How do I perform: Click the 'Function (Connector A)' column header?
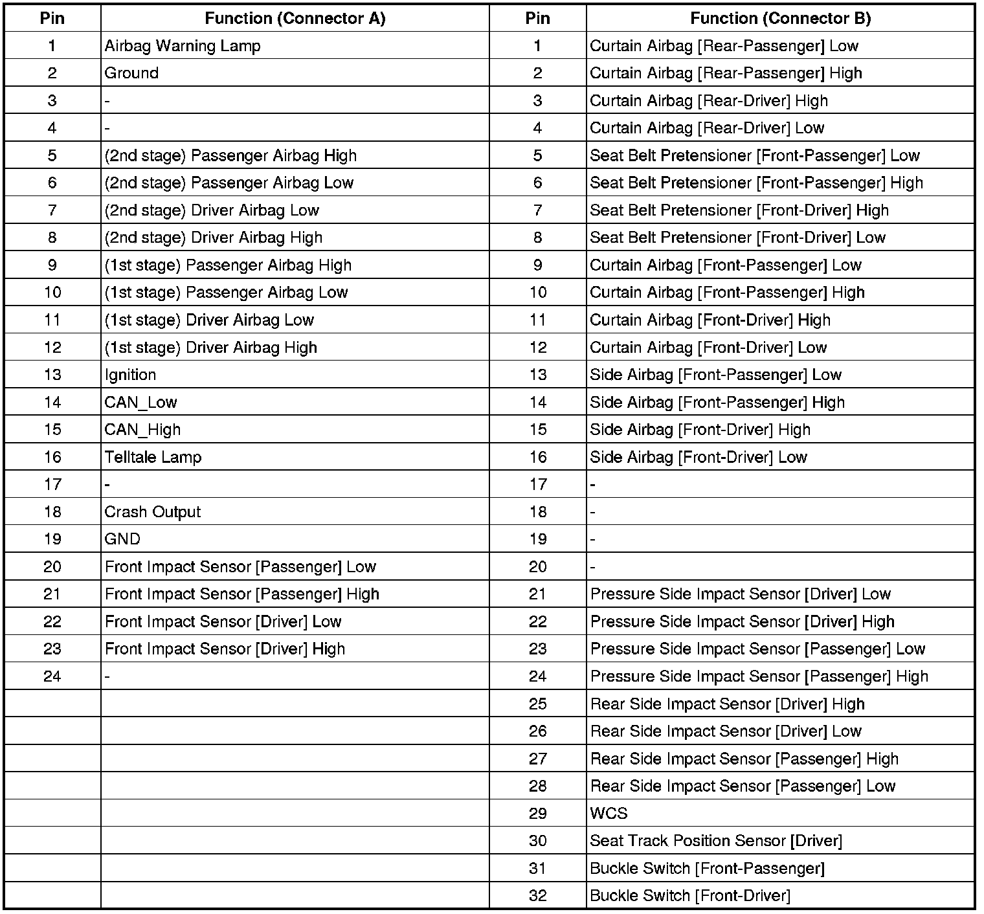[x=295, y=18]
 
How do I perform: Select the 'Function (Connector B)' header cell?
[x=780, y=18]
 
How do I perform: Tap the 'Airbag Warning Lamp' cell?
[x=183, y=46]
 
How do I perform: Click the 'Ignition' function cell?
[x=131, y=375]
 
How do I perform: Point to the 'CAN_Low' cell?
[x=141, y=402]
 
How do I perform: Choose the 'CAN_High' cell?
[x=143, y=430]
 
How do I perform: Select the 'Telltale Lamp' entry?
[x=153, y=457]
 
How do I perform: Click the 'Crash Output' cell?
[x=153, y=512]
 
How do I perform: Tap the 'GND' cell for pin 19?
[x=122, y=539]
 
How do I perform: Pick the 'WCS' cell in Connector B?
[x=609, y=814]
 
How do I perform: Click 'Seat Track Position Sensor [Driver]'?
[x=716, y=841]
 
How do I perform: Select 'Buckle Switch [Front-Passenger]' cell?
[x=707, y=868]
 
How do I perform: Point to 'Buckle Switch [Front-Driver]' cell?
[x=690, y=896]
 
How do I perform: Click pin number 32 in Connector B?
[x=538, y=896]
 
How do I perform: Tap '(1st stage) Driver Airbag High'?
[x=211, y=348]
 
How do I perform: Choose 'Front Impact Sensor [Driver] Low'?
[x=223, y=621]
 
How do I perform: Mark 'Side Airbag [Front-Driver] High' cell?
[x=700, y=430]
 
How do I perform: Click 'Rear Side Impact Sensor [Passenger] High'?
[x=744, y=759]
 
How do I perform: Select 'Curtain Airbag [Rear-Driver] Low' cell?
[x=707, y=128]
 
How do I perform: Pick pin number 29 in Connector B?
[x=538, y=814]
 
